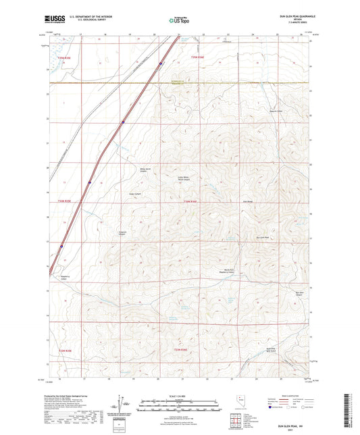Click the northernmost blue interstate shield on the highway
160,65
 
